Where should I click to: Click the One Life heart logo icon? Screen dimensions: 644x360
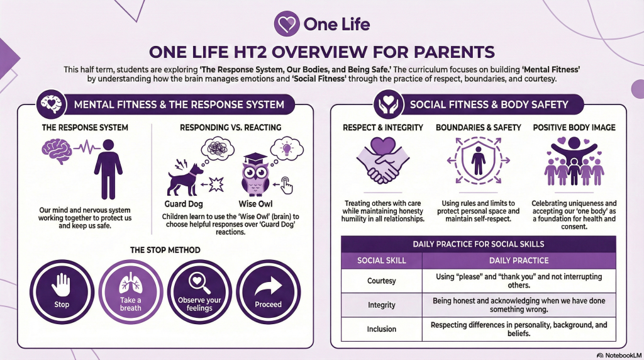tap(287, 23)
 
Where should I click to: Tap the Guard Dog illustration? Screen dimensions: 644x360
tap(185, 179)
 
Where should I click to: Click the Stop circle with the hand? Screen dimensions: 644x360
tap(62, 292)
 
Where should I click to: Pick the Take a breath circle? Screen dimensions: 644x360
tap(131, 292)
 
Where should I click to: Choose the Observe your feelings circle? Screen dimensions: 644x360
tap(199, 292)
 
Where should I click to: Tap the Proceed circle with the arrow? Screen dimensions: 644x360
tap(268, 292)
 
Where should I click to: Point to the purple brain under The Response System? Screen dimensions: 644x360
tap(57, 151)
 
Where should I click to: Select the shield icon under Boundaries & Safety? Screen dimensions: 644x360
tap(478, 160)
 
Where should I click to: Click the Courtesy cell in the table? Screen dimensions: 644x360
tap(382, 281)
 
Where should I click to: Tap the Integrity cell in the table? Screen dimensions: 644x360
tap(382, 305)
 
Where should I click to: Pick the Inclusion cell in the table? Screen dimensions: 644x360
tap(382, 329)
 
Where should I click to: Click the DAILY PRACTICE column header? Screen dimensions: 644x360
tap(519, 261)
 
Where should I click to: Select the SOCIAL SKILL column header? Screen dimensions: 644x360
tap(382, 261)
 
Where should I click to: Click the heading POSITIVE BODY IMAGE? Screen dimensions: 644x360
tap(574, 127)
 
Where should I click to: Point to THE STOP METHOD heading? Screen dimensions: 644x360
tap(165, 250)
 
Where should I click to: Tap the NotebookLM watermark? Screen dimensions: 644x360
tap(619, 355)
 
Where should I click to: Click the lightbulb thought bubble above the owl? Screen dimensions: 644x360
tap(287, 149)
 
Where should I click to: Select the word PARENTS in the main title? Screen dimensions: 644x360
tap(454, 52)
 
